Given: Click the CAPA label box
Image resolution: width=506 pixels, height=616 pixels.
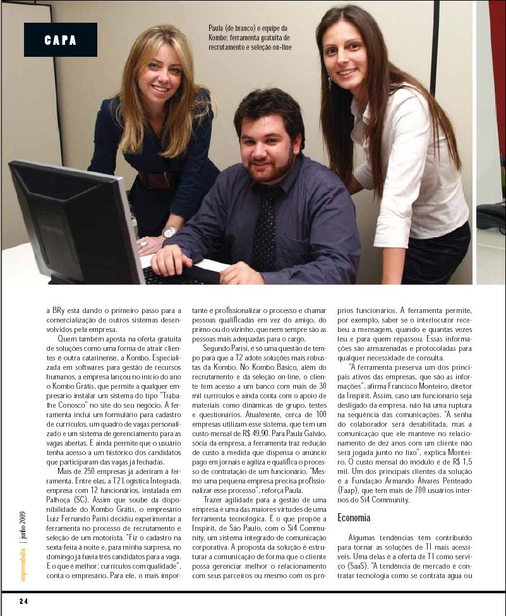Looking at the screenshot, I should [61, 40].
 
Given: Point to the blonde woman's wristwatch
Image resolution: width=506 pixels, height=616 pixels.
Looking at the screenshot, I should [169, 232].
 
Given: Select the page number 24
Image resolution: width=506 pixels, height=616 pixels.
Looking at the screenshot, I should [23, 601].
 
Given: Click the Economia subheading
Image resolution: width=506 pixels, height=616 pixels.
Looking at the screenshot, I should [354, 518].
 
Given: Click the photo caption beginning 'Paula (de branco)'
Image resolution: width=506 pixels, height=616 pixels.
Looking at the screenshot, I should [250, 38].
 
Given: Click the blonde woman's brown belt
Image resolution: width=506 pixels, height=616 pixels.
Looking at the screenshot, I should [159, 180].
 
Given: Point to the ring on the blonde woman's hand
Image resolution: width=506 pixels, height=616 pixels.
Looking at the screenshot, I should [143, 243].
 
